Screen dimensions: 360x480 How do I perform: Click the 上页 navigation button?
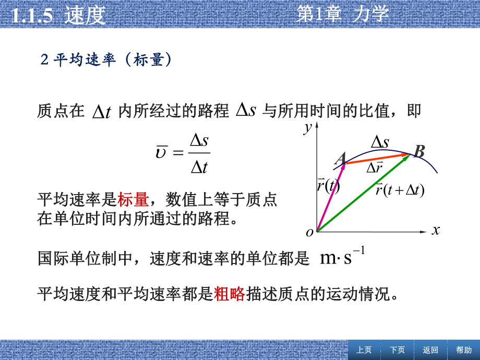(364, 350)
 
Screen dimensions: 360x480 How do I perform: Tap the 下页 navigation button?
(397, 350)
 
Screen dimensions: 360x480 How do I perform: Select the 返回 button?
(430, 350)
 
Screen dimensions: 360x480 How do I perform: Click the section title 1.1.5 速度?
(58, 15)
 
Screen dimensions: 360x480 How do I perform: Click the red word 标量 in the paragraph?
(133, 199)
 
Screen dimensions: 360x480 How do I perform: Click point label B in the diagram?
(419, 152)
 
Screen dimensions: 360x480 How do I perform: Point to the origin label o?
(310, 233)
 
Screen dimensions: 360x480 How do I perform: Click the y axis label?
(308, 127)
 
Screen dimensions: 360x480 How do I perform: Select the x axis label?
(436, 230)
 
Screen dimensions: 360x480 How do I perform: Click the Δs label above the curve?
(380, 141)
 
